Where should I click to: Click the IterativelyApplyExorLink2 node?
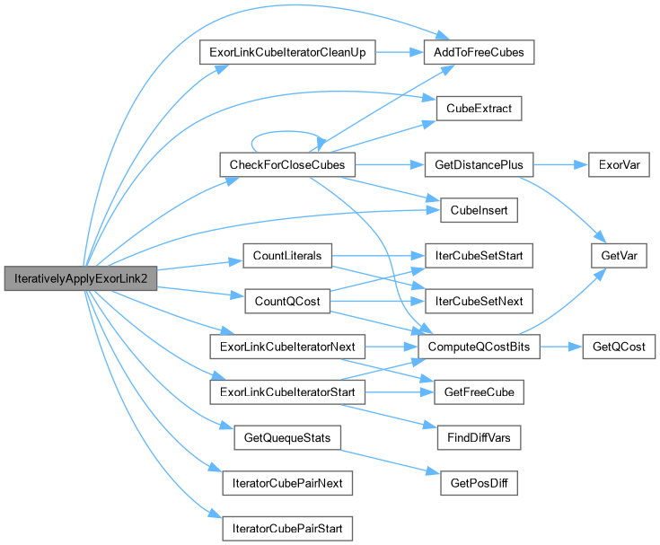coord(81,278)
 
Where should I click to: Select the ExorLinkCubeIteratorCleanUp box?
coord(285,52)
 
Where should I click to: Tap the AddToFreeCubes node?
coord(478,52)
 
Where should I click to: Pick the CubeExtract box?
coord(478,109)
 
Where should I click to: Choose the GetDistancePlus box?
coord(478,165)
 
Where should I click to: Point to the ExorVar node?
coord(605,165)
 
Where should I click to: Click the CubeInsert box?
coord(478,210)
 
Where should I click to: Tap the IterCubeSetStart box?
coord(478,256)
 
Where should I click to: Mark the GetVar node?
coord(605,256)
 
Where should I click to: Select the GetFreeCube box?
coord(478,391)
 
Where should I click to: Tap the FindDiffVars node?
coord(478,437)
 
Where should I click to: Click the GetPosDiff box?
coord(478,482)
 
